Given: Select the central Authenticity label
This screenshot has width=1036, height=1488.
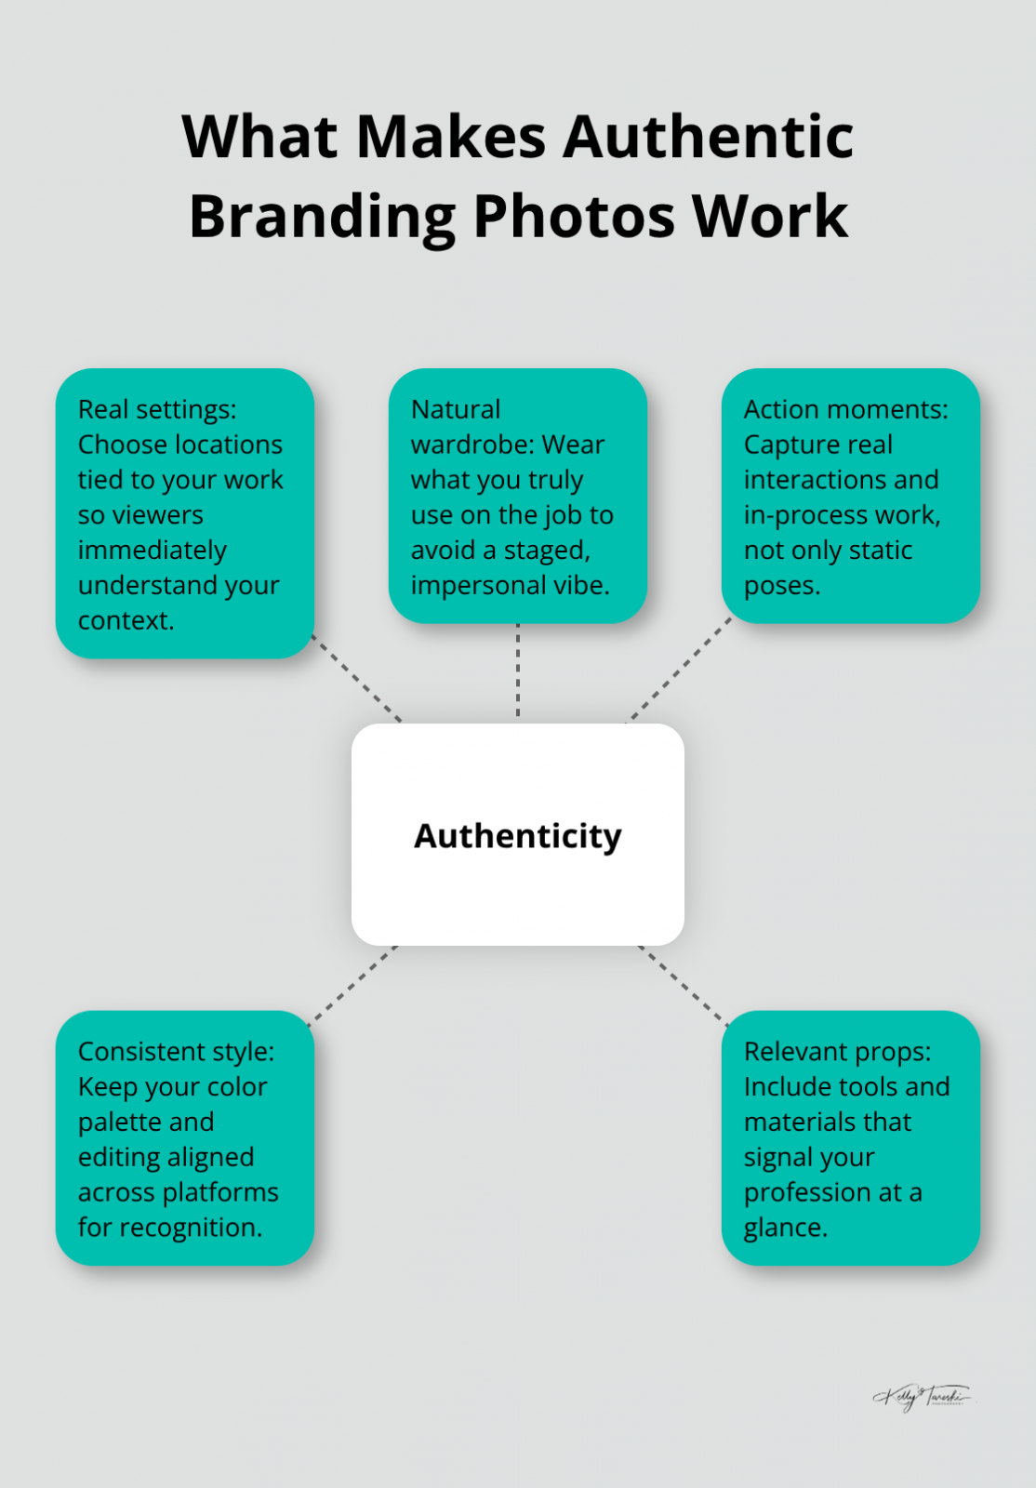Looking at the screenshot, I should [517, 836].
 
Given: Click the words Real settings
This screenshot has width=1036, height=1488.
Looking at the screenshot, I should [156, 409].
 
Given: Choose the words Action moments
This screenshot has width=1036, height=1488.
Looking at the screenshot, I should [845, 409].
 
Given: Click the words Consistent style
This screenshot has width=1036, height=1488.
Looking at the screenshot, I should [176, 1051].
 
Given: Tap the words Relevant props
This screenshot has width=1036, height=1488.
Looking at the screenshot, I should [837, 1051].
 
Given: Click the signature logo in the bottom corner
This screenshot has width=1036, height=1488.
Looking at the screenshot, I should [921, 1396].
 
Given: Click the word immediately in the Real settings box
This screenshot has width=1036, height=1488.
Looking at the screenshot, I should [152, 550].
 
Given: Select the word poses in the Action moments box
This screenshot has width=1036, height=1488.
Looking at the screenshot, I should [781, 585].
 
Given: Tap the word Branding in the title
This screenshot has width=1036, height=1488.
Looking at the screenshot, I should [322, 217].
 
